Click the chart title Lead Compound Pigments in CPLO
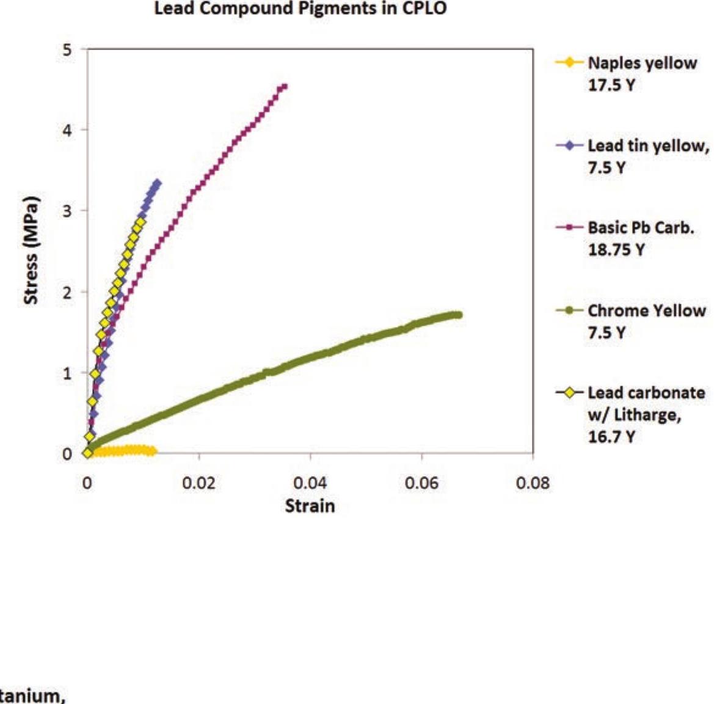[x=300, y=9]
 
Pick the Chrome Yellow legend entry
[x=646, y=321]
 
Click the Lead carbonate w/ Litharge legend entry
[x=646, y=414]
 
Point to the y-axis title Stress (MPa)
[x=31, y=251]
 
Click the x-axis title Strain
[x=310, y=506]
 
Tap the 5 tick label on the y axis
[x=67, y=50]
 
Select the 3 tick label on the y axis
[x=67, y=211]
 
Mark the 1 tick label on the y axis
[x=67, y=373]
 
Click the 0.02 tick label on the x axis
[x=198, y=483]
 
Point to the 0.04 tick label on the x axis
[x=310, y=483]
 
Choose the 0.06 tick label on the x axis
[x=421, y=483]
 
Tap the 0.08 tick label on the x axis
[x=533, y=483]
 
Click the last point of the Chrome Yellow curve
[x=459, y=315]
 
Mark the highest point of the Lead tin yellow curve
[x=158, y=183]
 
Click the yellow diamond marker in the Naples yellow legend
[x=569, y=63]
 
